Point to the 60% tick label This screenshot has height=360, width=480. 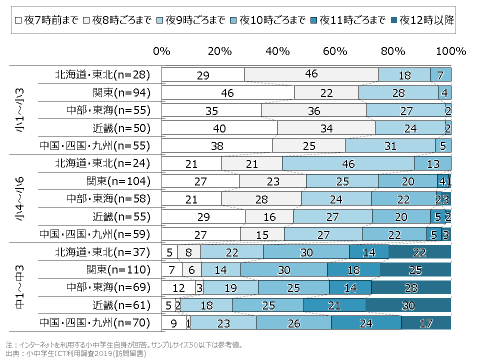(335, 51)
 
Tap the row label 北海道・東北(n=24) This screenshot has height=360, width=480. (102, 163)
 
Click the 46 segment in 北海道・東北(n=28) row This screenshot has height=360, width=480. (311, 74)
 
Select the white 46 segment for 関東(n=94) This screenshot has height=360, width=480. (228, 92)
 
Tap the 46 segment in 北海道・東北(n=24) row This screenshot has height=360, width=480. (348, 163)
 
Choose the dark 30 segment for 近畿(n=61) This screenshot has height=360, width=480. (408, 305)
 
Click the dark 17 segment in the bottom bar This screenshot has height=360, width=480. (426, 322)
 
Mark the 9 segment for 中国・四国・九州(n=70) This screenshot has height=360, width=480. (173, 322)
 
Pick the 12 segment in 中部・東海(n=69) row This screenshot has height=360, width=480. (178, 287)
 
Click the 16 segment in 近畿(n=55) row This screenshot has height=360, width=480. (269, 216)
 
